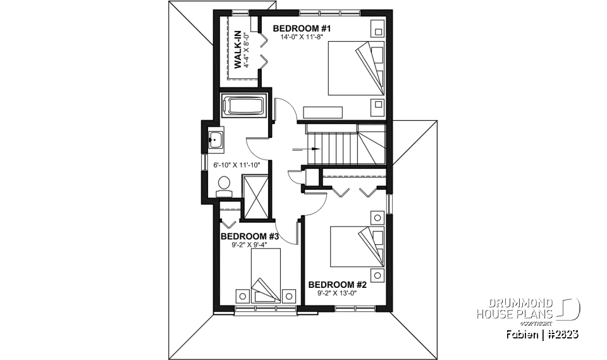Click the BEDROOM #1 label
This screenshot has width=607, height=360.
[302, 28]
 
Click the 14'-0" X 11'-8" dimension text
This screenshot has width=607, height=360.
[302, 37]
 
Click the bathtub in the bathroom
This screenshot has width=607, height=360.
[244, 106]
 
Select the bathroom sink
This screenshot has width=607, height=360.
[216, 139]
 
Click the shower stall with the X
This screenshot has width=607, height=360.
[257, 197]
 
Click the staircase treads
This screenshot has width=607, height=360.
[341, 145]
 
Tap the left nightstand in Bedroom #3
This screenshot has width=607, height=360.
[242, 295]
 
